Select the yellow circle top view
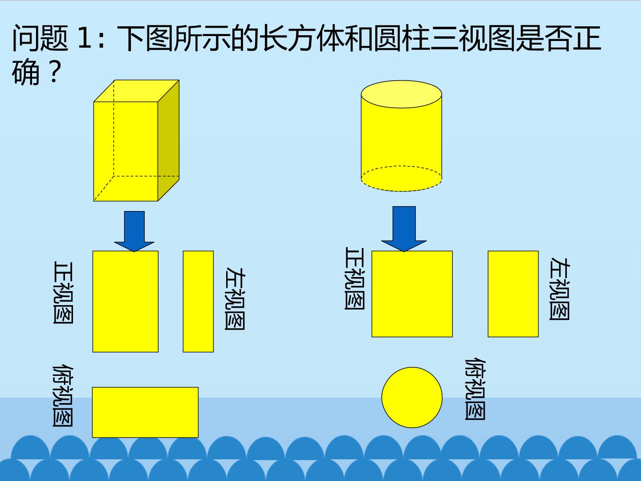click(412, 397)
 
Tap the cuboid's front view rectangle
click(126, 302)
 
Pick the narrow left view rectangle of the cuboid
click(198, 302)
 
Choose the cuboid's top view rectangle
click(146, 412)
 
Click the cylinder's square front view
click(412, 294)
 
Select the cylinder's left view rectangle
click(513, 294)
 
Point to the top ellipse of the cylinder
click(402, 94)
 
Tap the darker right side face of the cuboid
click(169, 140)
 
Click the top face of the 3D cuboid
click(136, 91)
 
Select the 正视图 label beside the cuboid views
click(63, 292)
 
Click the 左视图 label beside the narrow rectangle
click(235, 298)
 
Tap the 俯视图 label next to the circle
click(475, 389)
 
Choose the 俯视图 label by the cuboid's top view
click(62, 395)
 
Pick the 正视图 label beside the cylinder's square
click(354, 278)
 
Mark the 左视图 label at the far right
click(560, 289)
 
